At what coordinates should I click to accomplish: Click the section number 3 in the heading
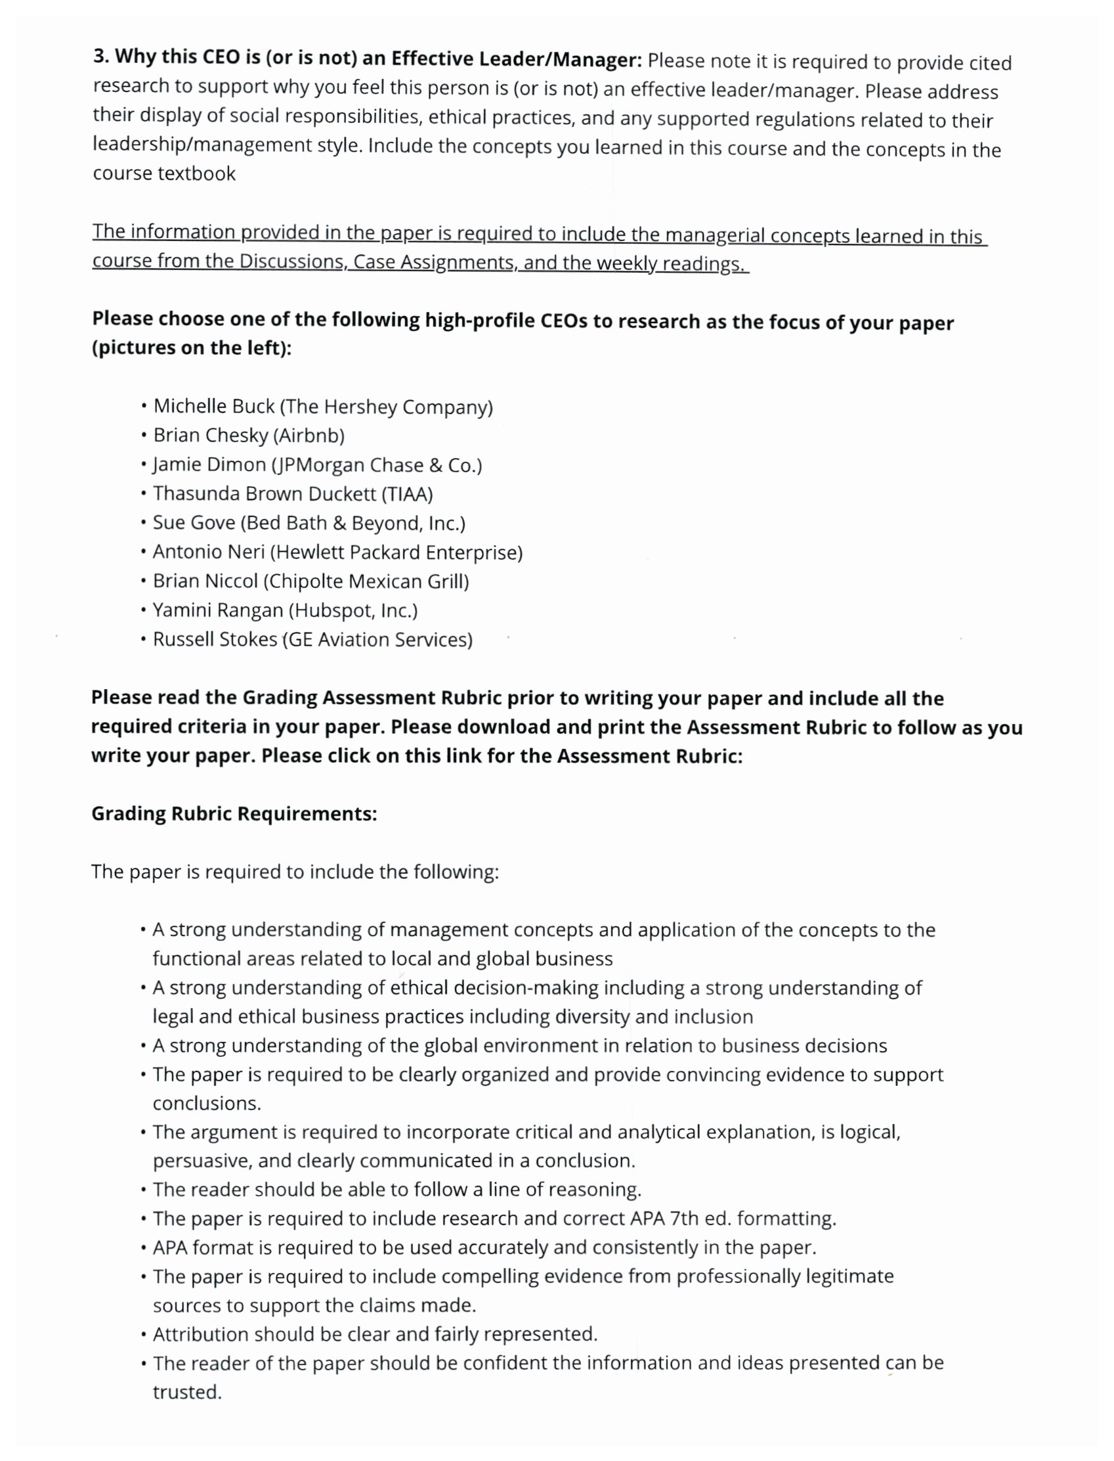tap(100, 56)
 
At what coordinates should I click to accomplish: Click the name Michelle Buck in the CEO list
tap(213, 406)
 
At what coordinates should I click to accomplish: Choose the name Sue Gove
tap(194, 523)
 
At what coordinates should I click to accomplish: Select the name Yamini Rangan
tap(217, 610)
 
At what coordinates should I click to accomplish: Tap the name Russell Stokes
tap(215, 640)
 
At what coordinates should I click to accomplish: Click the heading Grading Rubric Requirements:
tap(234, 814)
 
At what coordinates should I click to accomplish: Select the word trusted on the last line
tap(186, 1392)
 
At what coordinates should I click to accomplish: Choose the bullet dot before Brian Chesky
tap(143, 436)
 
